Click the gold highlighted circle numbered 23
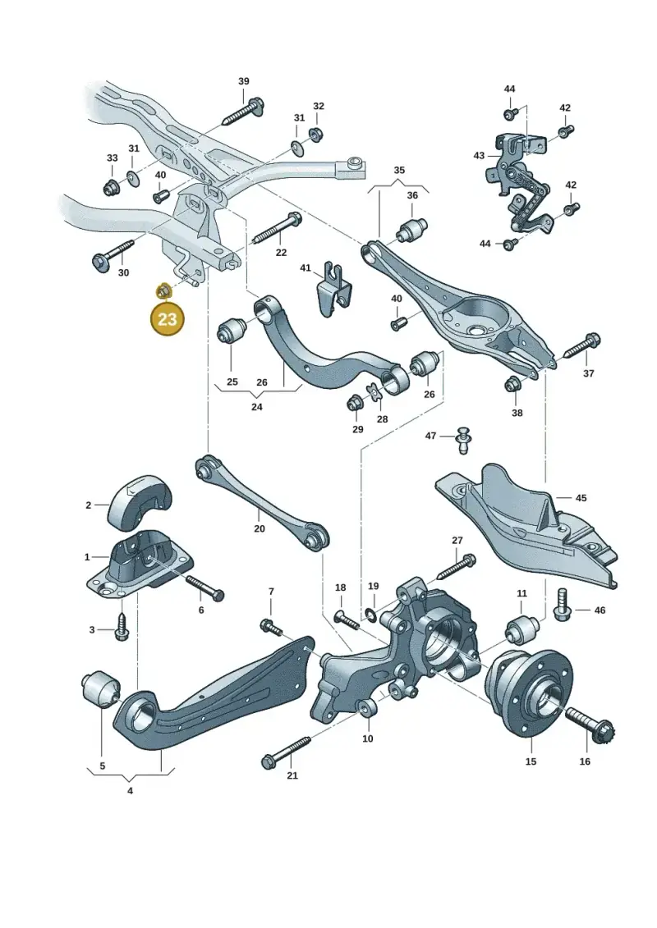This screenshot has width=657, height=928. pos(168,319)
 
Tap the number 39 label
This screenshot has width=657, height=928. pos(243,81)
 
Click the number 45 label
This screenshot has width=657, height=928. pos(581,498)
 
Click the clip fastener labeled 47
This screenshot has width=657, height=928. pos(462,439)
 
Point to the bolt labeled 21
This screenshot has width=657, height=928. pos(286,752)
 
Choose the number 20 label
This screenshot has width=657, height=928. pos(260,528)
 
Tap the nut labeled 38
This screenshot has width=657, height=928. pos(512,384)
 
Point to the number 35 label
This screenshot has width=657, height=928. pos(399,170)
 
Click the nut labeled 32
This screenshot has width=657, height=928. pos(316,132)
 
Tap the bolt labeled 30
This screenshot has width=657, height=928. pos(114,253)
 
